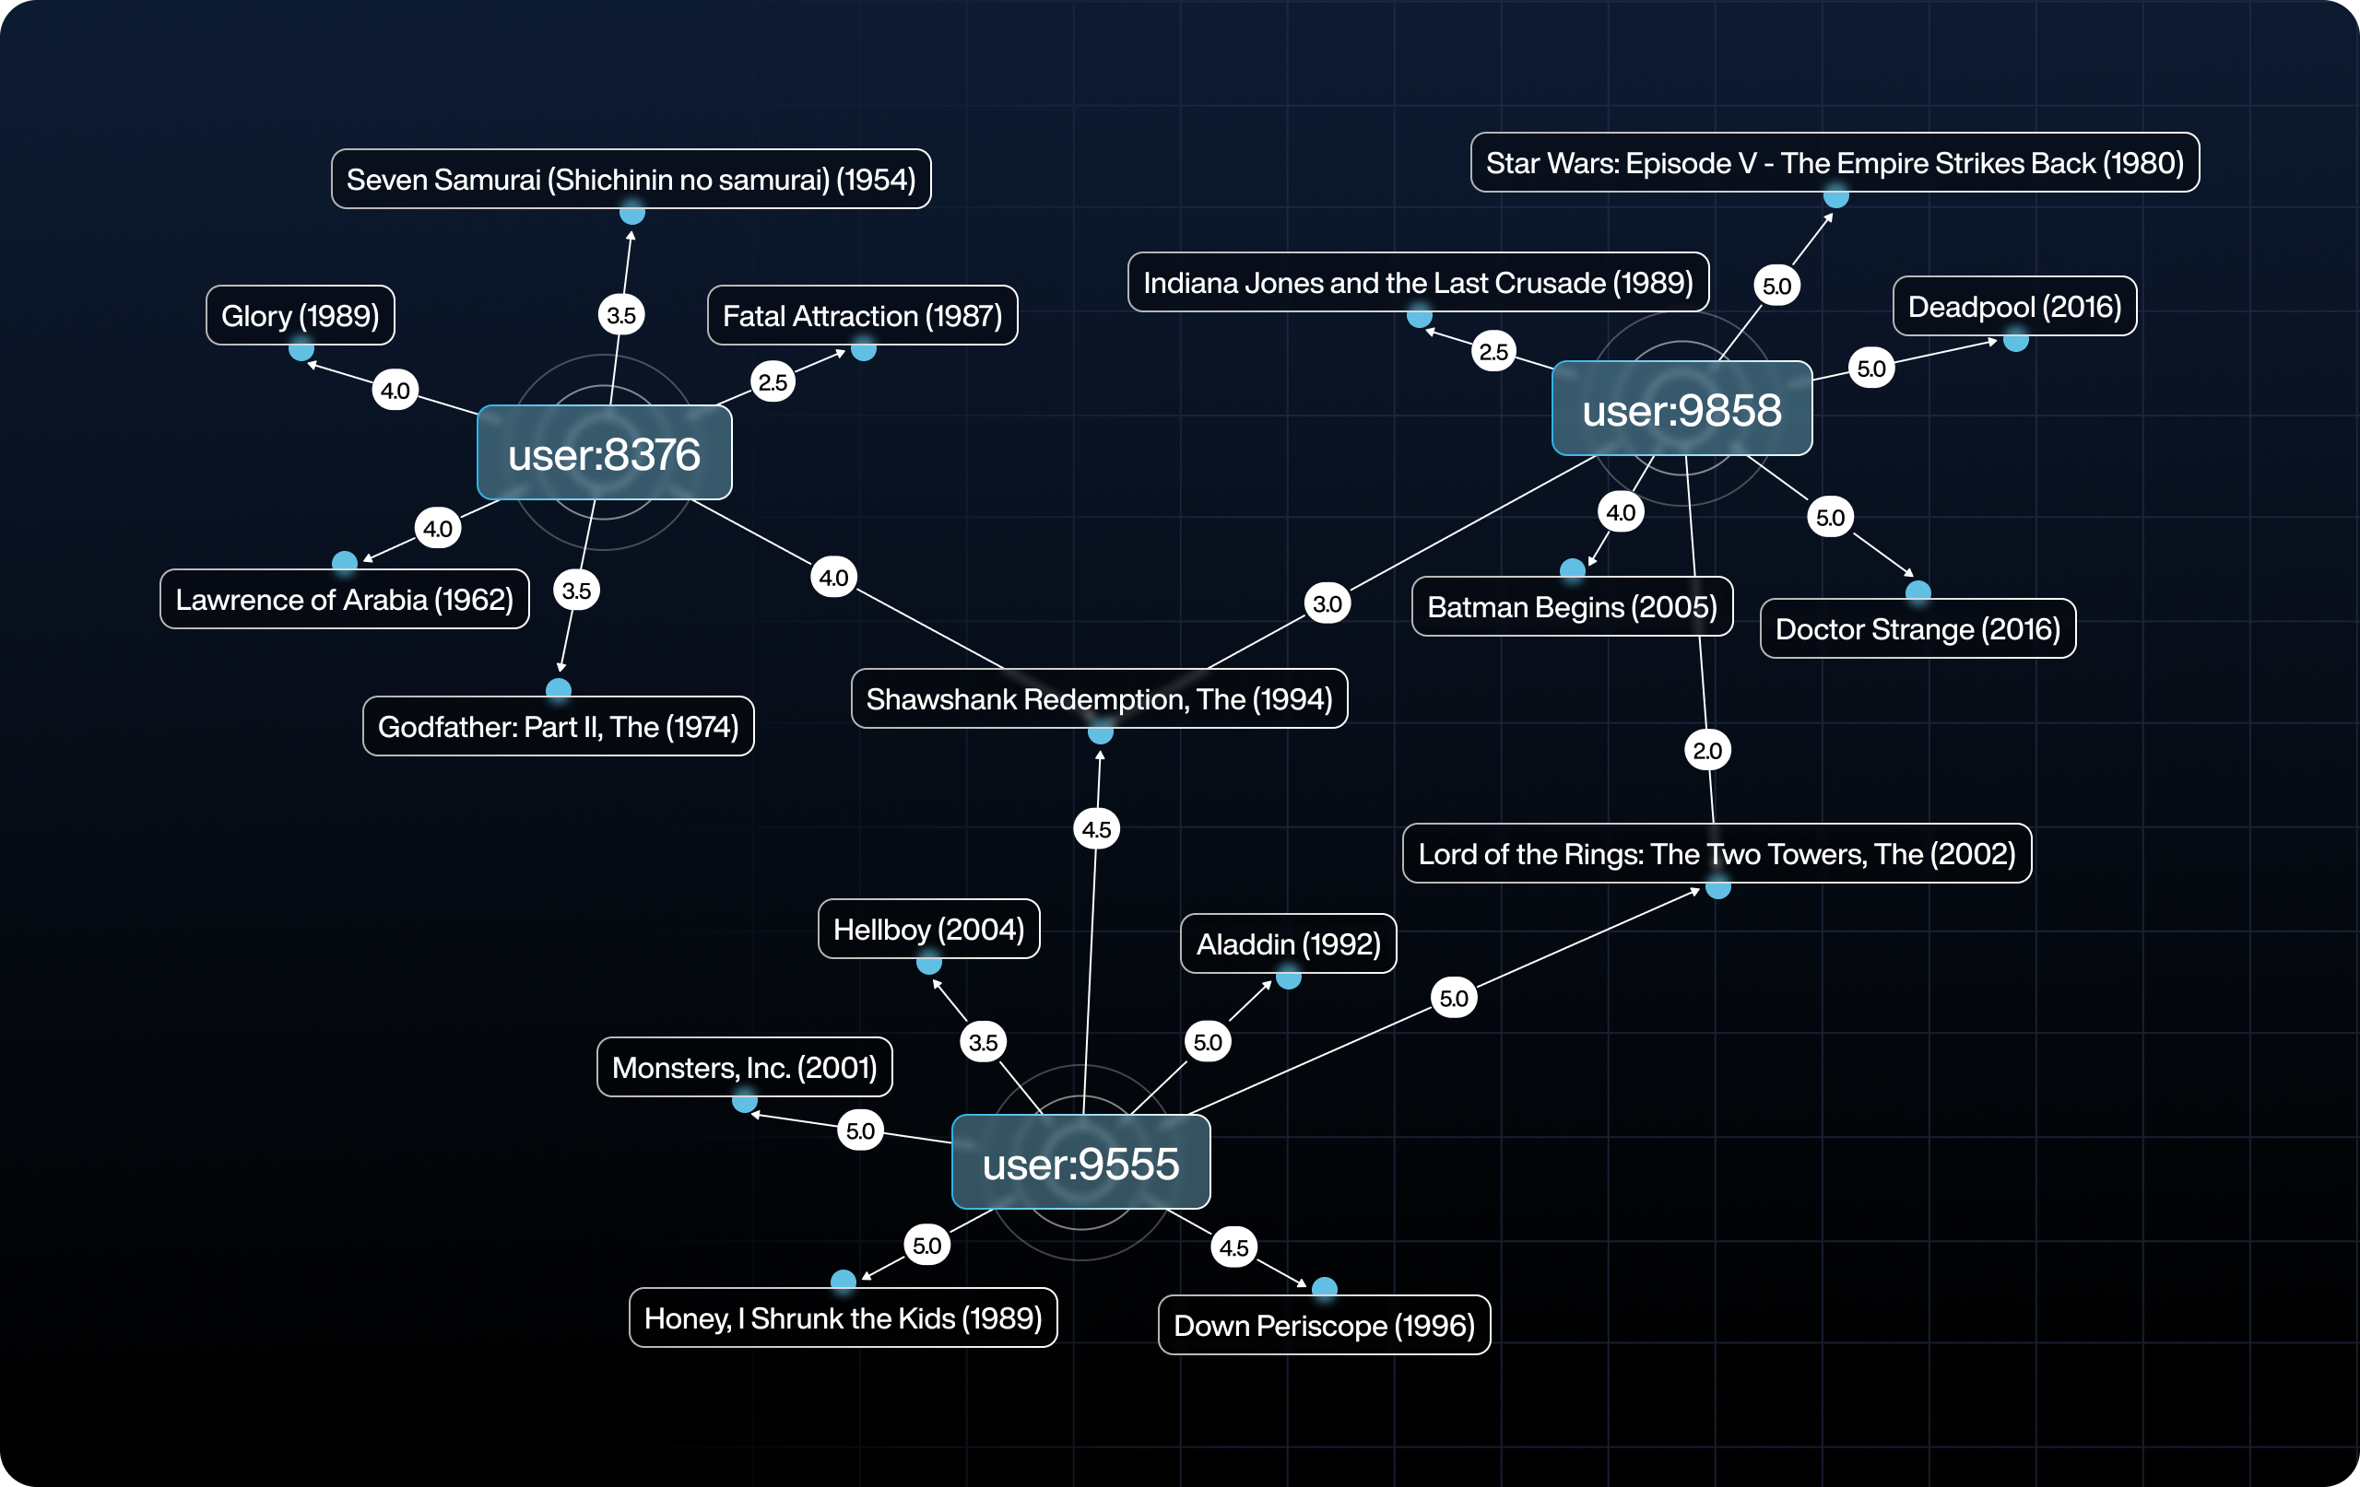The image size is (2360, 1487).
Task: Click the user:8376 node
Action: (x=604, y=453)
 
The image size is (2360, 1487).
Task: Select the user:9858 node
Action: (x=1681, y=409)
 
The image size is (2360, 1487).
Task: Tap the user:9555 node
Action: (x=1080, y=1163)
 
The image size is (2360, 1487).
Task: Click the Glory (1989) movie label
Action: (x=300, y=315)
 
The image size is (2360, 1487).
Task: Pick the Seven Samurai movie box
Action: (x=631, y=180)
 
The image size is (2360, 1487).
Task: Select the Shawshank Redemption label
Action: (x=1099, y=698)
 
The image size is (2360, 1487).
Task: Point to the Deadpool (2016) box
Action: (x=2014, y=307)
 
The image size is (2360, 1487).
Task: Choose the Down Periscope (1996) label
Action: (x=1324, y=1326)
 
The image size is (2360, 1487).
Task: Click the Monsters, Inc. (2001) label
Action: (x=744, y=1067)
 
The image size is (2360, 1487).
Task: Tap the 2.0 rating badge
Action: (x=1707, y=750)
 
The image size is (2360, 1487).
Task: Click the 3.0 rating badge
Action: (x=1327, y=603)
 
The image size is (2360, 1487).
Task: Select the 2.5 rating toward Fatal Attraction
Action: (x=773, y=382)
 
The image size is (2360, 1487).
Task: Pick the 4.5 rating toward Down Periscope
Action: (x=1233, y=1247)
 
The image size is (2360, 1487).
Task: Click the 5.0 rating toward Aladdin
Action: (x=1208, y=1041)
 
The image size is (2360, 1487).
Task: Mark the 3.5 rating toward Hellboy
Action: (x=983, y=1041)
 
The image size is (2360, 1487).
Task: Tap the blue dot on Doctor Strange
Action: (x=1918, y=591)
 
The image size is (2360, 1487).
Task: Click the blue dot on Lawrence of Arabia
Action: (x=344, y=562)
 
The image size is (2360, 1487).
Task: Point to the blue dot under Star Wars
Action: (x=1835, y=197)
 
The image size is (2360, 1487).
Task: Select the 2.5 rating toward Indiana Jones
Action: (x=1493, y=352)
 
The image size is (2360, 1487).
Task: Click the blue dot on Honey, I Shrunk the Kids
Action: (x=843, y=1281)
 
